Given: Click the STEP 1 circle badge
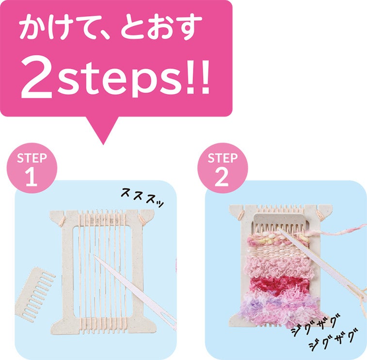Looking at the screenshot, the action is (32, 168).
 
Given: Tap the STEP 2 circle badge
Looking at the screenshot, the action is (223, 168).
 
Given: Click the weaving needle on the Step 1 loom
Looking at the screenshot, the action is (135, 293).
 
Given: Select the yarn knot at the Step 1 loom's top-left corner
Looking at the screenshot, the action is (62, 221).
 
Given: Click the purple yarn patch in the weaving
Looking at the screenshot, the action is (255, 305).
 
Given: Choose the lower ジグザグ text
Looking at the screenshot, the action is (334, 340).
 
